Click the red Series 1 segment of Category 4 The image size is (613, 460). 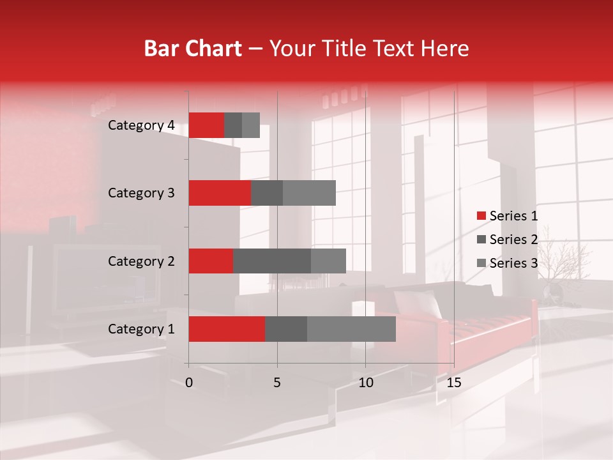(x=206, y=125)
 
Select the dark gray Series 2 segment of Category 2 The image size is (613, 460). (x=272, y=261)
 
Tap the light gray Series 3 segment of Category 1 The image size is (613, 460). (x=351, y=328)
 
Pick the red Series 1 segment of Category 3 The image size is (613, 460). (x=220, y=193)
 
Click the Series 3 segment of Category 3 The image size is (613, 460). (x=309, y=193)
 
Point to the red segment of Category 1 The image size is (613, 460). (x=227, y=328)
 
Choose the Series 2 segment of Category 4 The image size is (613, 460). (x=233, y=125)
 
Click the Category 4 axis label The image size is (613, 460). (x=141, y=125)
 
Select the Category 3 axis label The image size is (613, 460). (x=141, y=193)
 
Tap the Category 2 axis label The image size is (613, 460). (x=141, y=261)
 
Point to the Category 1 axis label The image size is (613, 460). (x=141, y=329)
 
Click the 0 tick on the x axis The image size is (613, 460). (x=189, y=383)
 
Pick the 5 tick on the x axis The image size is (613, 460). (x=277, y=383)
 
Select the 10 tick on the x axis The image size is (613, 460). (x=365, y=383)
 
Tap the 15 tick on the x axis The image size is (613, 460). (x=453, y=383)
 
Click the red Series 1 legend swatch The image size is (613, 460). (x=481, y=216)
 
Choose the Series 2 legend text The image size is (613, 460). (x=513, y=240)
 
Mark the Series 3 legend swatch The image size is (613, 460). (x=481, y=263)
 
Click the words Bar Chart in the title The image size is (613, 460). (x=193, y=49)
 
